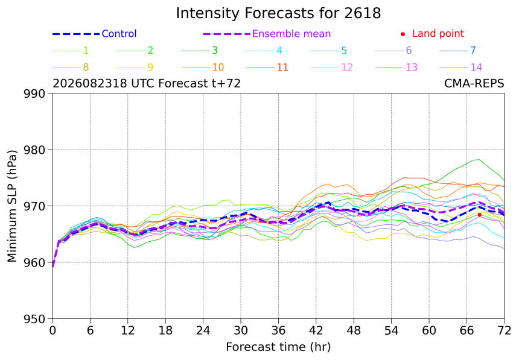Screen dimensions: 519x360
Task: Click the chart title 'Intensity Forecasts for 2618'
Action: tap(278, 13)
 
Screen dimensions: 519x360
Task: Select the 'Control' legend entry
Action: tap(94, 34)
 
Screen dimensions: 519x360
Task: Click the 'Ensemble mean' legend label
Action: tap(291, 34)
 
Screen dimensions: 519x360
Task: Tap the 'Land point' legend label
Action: tap(438, 33)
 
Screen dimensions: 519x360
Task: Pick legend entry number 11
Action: tap(267, 68)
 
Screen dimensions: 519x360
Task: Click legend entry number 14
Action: tap(460, 68)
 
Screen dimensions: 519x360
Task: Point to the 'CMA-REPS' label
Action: tap(474, 83)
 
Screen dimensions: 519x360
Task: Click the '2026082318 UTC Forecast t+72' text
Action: tap(147, 83)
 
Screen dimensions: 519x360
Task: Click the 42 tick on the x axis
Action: tap(316, 330)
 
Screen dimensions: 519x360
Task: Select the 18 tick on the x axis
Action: tap(165, 330)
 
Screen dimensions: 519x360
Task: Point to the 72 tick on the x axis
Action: tap(504, 330)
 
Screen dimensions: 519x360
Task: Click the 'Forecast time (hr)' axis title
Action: tap(278, 347)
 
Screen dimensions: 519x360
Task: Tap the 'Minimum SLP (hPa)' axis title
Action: tap(12, 206)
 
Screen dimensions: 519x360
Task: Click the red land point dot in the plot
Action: tap(479, 215)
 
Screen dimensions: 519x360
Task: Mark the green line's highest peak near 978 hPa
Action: tap(479, 159)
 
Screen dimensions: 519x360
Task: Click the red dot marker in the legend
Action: tap(403, 34)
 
